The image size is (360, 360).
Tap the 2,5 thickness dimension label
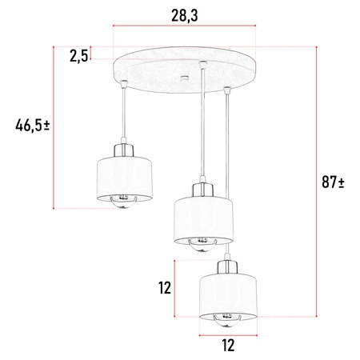tap(78, 55)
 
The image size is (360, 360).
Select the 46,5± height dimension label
tap(33, 126)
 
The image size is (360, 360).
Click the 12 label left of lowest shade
tap(165, 288)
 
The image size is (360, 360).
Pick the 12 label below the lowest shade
tap(227, 346)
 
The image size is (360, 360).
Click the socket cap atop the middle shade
tap(202, 191)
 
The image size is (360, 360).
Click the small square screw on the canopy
tap(185, 78)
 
